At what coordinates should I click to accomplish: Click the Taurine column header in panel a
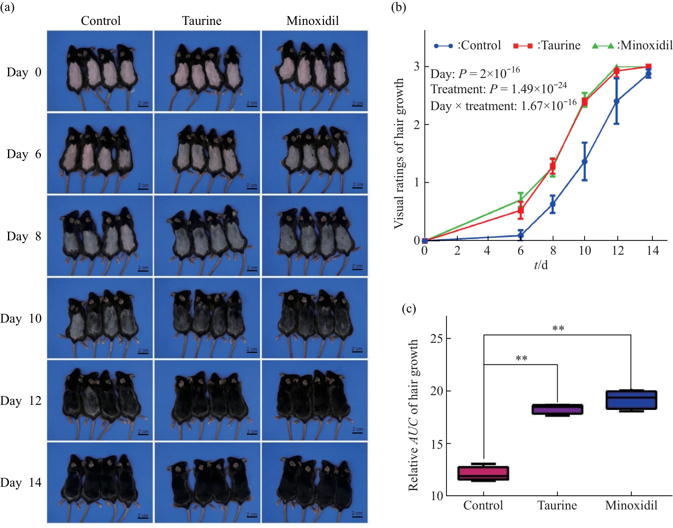[201, 21]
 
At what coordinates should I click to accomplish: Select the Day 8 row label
[24, 236]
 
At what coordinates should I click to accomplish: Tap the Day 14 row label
[21, 482]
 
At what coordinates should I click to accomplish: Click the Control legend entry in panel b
[467, 46]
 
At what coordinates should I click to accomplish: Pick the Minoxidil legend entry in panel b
[632, 46]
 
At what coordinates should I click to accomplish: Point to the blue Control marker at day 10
[585, 162]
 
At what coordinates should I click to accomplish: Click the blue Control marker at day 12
[617, 101]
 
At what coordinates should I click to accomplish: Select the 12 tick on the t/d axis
[617, 251]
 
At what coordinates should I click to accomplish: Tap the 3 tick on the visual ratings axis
[417, 66]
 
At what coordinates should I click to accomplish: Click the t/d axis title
[541, 265]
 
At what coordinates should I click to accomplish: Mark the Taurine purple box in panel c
[557, 409]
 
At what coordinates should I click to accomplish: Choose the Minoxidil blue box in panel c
[631, 400]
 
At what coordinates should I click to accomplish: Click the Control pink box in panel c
[483, 473]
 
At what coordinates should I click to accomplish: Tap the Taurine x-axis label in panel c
[557, 505]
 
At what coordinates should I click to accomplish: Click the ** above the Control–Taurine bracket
[521, 359]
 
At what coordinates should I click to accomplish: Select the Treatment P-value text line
[498, 89]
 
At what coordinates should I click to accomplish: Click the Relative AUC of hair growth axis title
[414, 415]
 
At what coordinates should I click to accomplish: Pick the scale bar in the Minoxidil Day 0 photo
[357, 104]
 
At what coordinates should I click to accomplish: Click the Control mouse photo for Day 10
[100, 318]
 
